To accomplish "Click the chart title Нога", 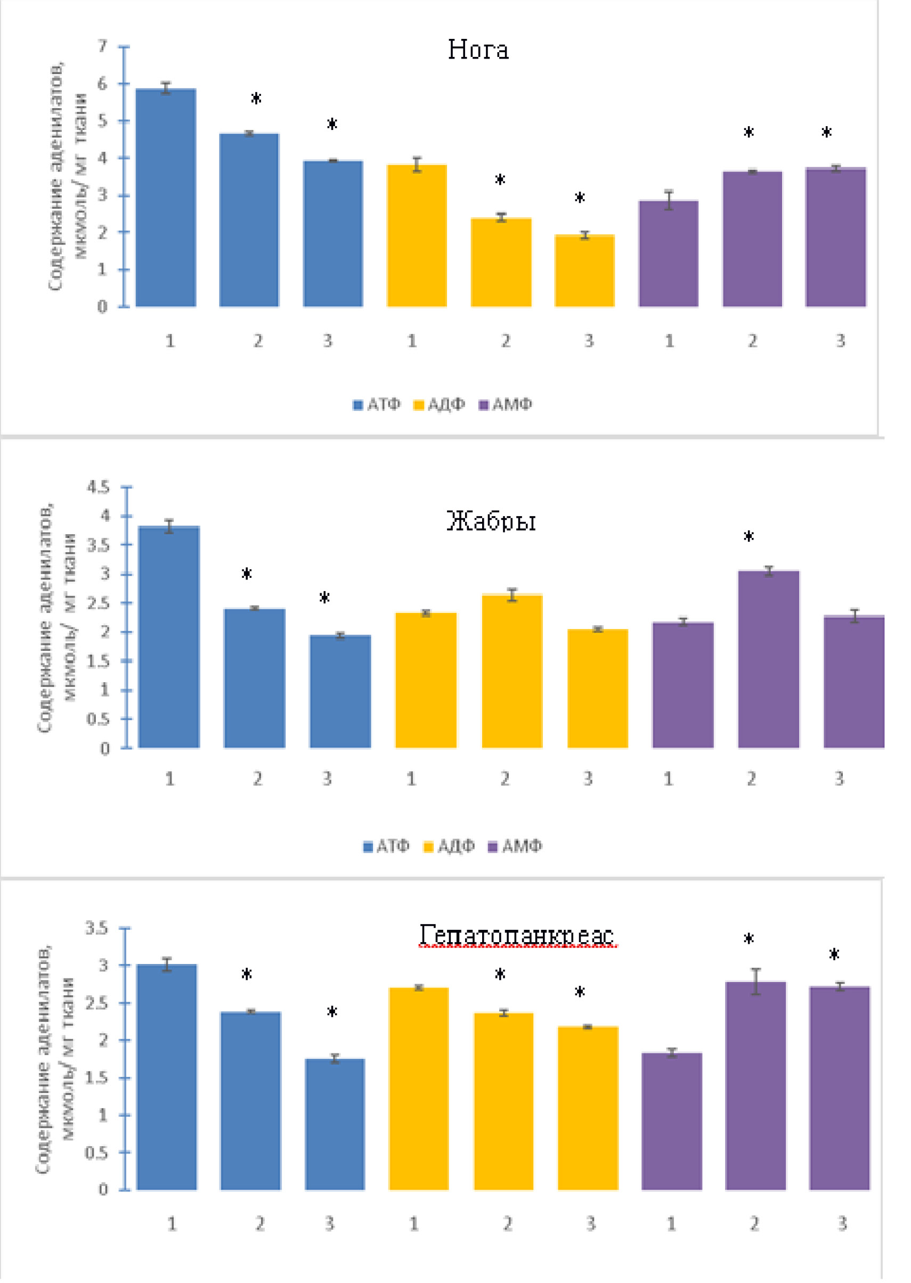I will (x=478, y=50).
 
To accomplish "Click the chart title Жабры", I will (x=491, y=520).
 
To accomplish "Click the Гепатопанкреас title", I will (x=517, y=935).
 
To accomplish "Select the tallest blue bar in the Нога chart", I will (x=166, y=198).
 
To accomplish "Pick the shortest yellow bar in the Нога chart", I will (x=584, y=271).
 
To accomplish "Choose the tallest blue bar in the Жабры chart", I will (x=168, y=637).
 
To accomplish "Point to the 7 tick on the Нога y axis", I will (x=103, y=46).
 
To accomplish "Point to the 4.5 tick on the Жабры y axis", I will (x=98, y=487).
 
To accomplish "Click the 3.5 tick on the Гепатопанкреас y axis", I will (x=96, y=928).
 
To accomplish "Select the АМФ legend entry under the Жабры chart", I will (x=515, y=846).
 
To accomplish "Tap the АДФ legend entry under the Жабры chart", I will (x=449, y=846).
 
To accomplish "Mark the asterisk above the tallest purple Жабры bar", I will (x=749, y=537).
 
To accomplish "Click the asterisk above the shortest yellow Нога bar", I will (x=580, y=198).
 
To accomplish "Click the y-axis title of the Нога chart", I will (x=67, y=177).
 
